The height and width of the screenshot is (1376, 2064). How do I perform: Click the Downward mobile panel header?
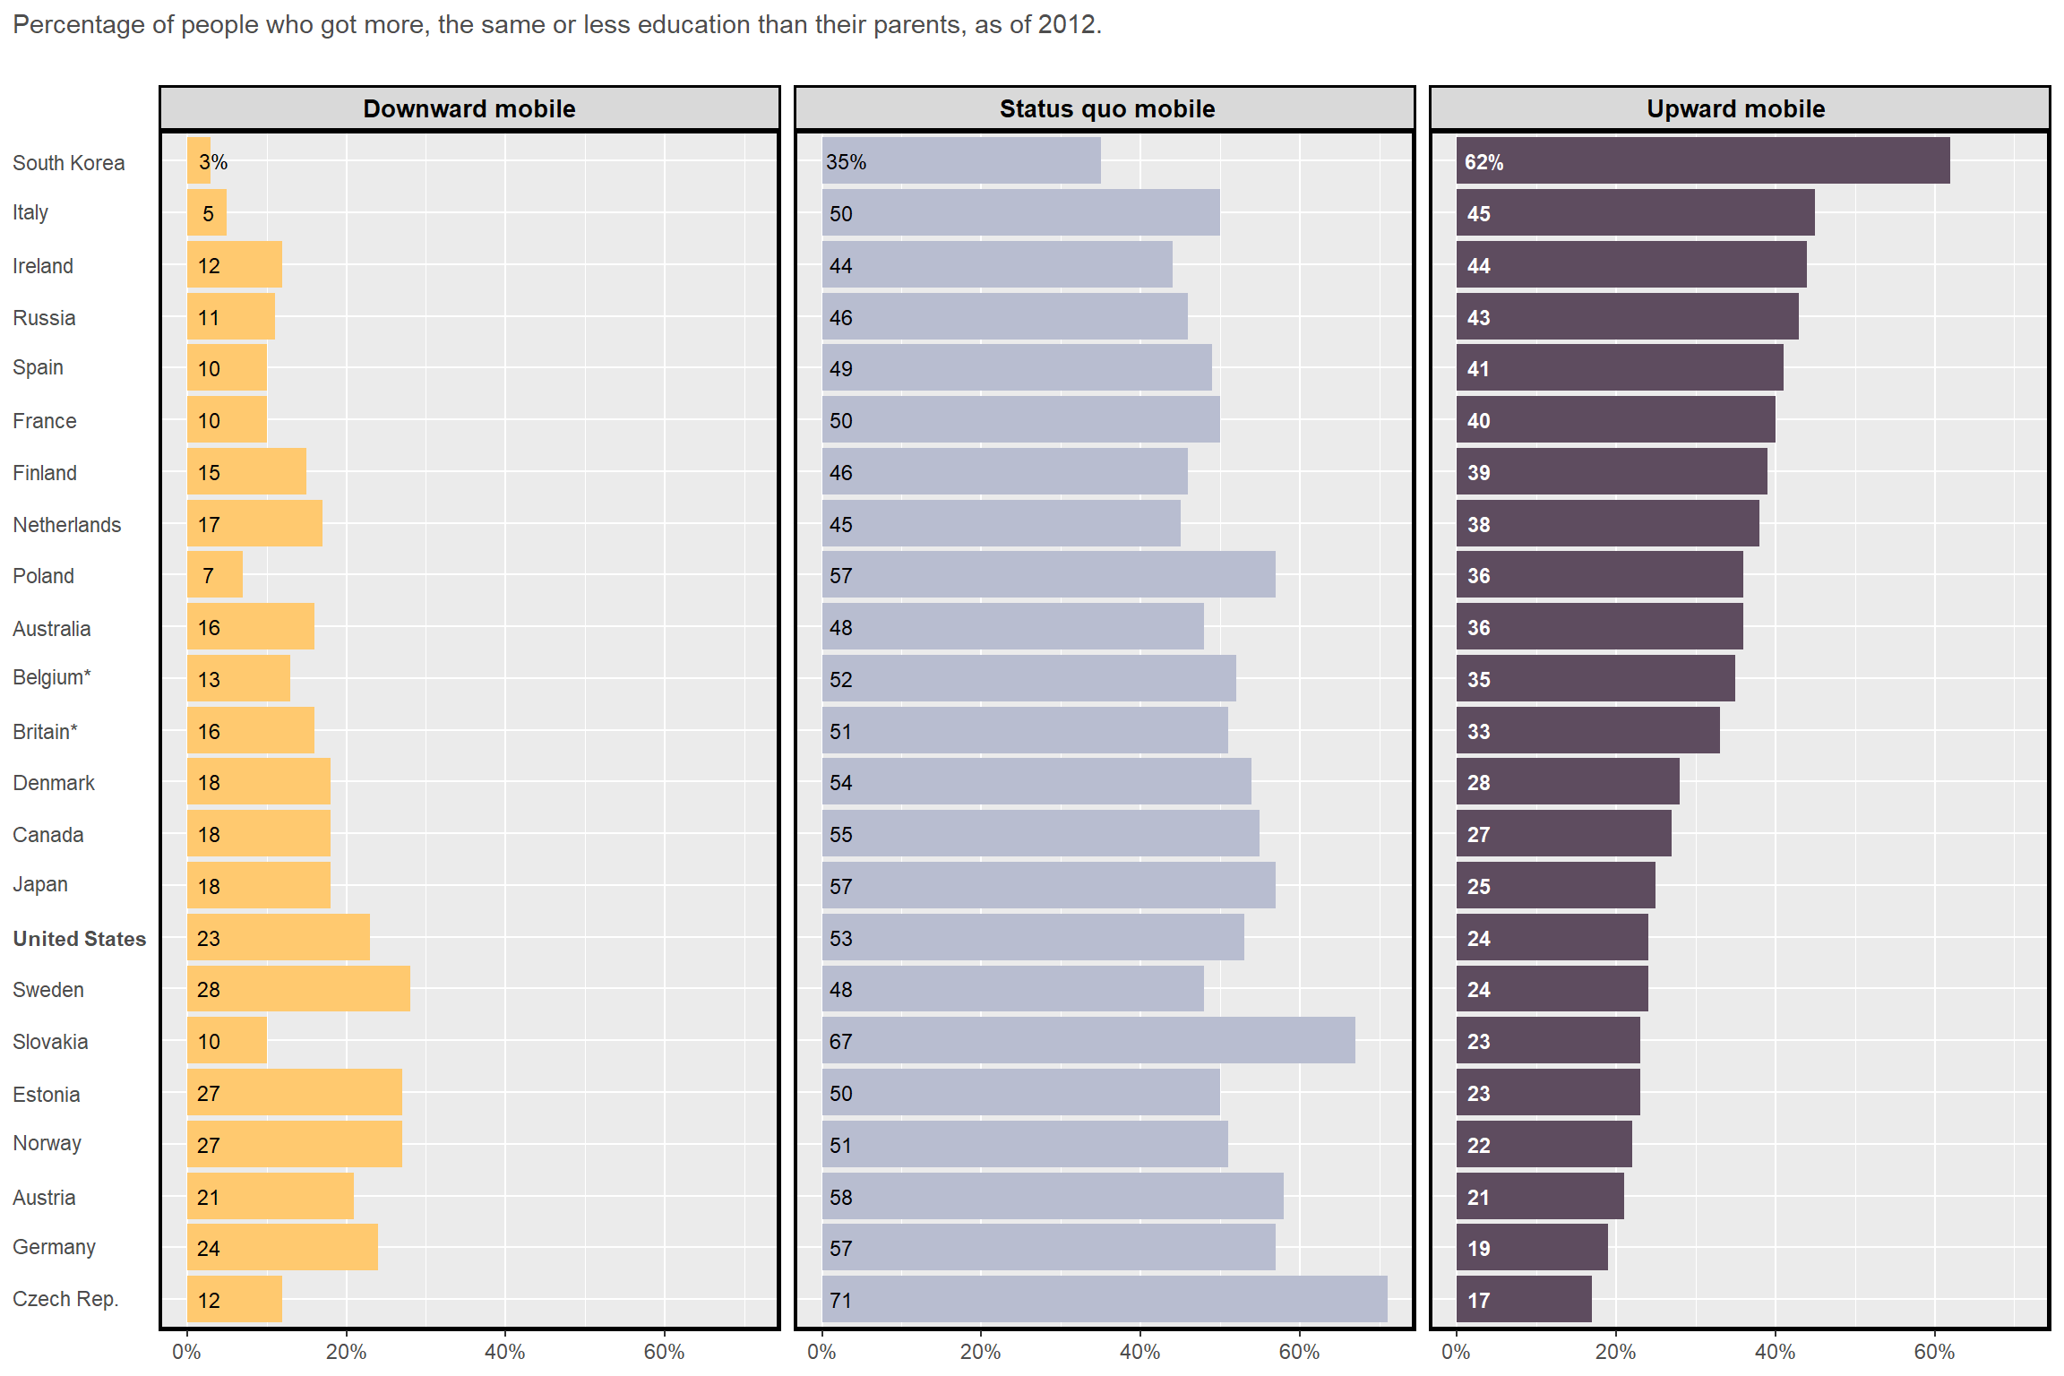[469, 108]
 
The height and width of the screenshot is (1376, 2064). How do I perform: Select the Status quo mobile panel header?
[1106, 108]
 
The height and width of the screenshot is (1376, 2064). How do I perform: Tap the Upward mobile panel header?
[1735, 108]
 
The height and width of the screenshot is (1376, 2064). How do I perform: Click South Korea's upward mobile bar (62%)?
[1702, 161]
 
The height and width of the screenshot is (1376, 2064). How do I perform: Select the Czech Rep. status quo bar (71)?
[1104, 1299]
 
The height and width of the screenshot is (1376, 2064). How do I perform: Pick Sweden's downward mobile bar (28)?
[298, 989]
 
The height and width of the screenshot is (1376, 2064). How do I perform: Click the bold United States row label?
[79, 939]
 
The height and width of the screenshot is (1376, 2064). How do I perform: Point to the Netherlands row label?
[66, 525]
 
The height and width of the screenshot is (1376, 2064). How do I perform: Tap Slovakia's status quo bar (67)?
[1088, 1041]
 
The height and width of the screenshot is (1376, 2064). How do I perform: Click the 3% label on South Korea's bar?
[213, 162]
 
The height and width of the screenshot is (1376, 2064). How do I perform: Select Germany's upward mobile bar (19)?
[1532, 1247]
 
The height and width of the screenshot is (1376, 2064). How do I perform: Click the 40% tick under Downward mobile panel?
[504, 1352]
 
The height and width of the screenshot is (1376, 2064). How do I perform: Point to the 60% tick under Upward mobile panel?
[1933, 1352]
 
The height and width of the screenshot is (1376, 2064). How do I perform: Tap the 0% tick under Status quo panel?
[821, 1352]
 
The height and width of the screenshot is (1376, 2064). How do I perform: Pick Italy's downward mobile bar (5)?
[207, 213]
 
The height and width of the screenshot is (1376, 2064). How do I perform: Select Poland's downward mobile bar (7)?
[215, 575]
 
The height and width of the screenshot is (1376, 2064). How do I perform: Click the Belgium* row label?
[52, 677]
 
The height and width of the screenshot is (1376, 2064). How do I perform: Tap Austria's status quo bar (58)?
[1052, 1197]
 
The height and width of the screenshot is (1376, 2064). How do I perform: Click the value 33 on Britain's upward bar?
[1478, 732]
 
